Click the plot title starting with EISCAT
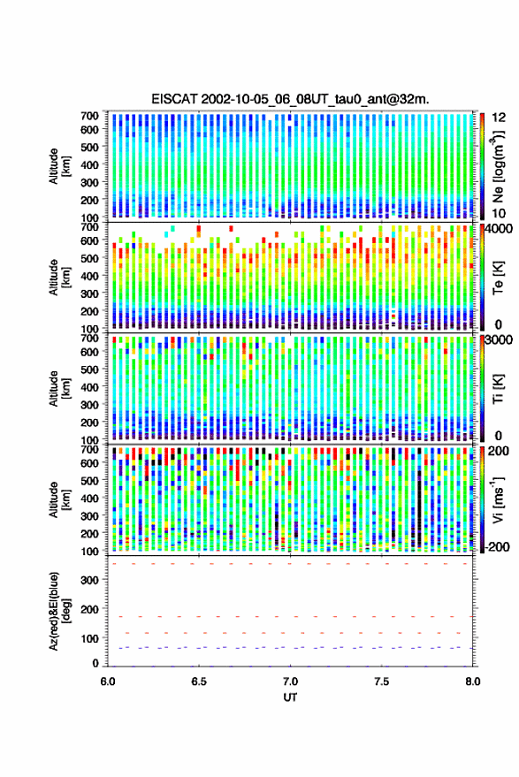point(290,99)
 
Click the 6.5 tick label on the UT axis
point(199,682)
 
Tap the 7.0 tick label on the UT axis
point(290,682)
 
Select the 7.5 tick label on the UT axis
point(382,682)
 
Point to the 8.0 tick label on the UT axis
point(473,682)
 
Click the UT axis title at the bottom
point(290,697)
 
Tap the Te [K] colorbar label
point(498,278)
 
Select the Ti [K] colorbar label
point(498,389)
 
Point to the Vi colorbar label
point(498,499)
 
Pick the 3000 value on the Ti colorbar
point(500,340)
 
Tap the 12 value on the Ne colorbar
point(499,118)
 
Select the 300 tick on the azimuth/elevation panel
point(89,580)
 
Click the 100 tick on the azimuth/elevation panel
point(89,639)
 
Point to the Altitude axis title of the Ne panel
point(60,166)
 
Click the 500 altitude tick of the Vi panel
point(89,481)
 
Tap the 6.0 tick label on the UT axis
point(108,682)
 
